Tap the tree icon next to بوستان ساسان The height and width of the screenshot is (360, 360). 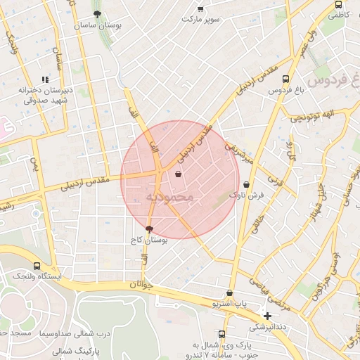97,13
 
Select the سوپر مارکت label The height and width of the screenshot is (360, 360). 201,19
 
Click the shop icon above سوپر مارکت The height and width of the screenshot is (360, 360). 200,8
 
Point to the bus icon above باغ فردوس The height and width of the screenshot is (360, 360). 285,79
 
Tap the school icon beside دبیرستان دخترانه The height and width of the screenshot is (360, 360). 45,80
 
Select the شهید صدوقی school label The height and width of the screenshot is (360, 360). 40,101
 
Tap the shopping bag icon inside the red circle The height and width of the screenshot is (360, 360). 178,173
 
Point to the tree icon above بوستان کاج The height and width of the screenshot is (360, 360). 148,229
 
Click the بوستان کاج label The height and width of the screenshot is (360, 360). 148,240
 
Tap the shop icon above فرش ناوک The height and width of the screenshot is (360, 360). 246,185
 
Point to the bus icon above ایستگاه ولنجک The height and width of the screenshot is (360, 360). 37,266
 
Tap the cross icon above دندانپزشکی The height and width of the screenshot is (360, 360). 267,316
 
